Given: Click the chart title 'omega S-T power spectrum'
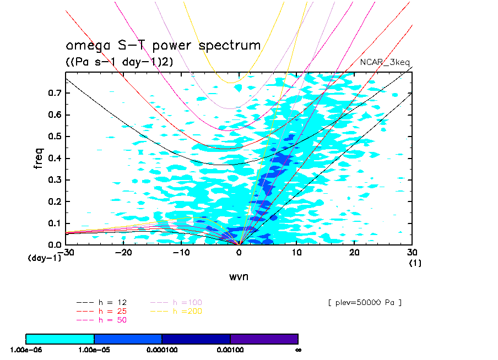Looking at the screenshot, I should (x=163, y=46).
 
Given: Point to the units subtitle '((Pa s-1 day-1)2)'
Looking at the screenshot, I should (x=120, y=62).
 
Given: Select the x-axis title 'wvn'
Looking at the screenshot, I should (x=239, y=277).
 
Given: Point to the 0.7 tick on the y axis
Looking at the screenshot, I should (x=53, y=94).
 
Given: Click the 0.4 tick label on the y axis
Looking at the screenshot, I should (x=53, y=159).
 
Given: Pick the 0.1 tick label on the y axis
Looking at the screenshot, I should (x=53, y=223).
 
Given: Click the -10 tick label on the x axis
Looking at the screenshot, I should (x=181, y=252).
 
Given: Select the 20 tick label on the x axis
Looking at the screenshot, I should (x=354, y=252).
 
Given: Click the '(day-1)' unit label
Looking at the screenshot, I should (x=44, y=257).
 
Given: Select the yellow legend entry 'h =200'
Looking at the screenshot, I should (x=187, y=311).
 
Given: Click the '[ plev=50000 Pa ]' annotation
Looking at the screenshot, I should (x=364, y=303).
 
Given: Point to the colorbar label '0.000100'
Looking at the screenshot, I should (x=162, y=350).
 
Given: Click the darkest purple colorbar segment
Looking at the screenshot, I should (x=264, y=339).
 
